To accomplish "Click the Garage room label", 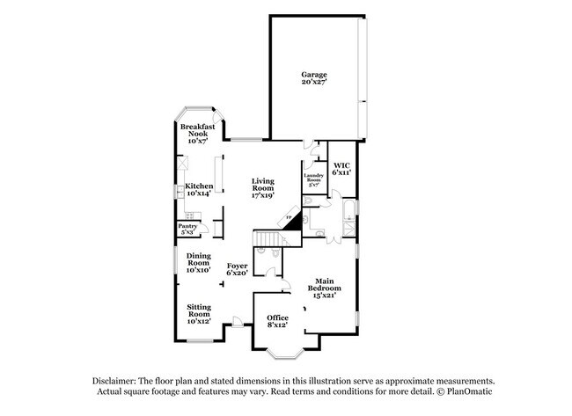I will [x=314, y=76].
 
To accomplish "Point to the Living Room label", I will [x=263, y=185].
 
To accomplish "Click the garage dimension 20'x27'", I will [x=314, y=84].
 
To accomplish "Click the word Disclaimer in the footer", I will [x=118, y=380].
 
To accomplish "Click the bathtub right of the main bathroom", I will [x=349, y=212].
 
